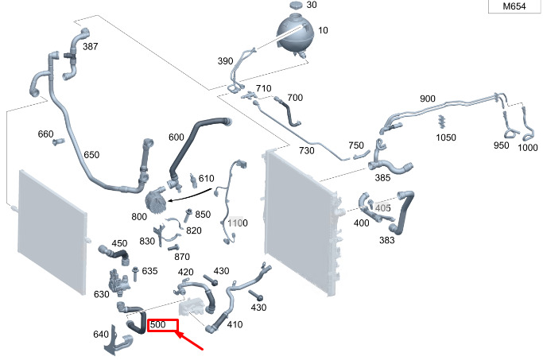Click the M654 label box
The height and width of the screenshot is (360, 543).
515,6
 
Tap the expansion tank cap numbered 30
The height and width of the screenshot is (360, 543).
297,6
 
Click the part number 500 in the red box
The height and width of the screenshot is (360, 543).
158,325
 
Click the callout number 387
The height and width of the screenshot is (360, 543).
91,46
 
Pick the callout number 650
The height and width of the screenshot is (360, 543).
91,154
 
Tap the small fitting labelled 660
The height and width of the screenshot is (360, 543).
59,141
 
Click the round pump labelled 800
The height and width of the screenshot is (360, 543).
156,200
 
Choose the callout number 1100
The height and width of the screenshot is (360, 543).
238,223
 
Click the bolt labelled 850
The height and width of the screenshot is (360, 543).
188,215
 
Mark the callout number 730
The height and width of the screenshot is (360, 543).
306,150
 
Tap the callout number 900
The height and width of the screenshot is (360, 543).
428,99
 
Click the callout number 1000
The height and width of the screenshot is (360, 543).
527,148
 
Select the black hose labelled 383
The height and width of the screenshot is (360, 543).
403,212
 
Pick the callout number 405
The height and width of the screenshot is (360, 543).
382,207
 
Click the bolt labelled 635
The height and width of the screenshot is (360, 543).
135,274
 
